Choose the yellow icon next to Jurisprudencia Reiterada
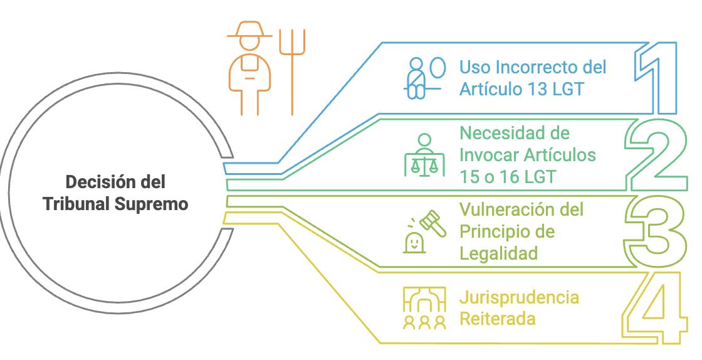coord(424,307)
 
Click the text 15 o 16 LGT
coord(508,177)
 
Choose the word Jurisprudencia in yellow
coord(520,297)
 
